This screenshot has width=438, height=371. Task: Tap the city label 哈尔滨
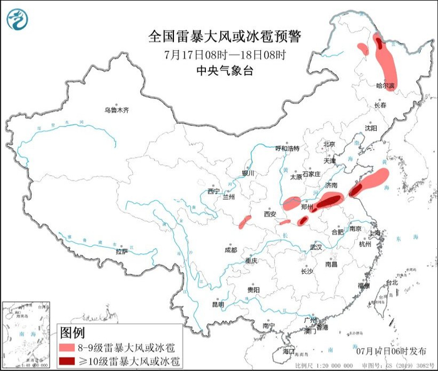[386, 85]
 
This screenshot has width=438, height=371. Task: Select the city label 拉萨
[121, 251]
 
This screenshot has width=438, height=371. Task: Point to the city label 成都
[230, 249]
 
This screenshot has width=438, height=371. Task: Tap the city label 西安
[270, 214]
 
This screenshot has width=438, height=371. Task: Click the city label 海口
[288, 352]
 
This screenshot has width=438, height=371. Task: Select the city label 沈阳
[371, 128]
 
